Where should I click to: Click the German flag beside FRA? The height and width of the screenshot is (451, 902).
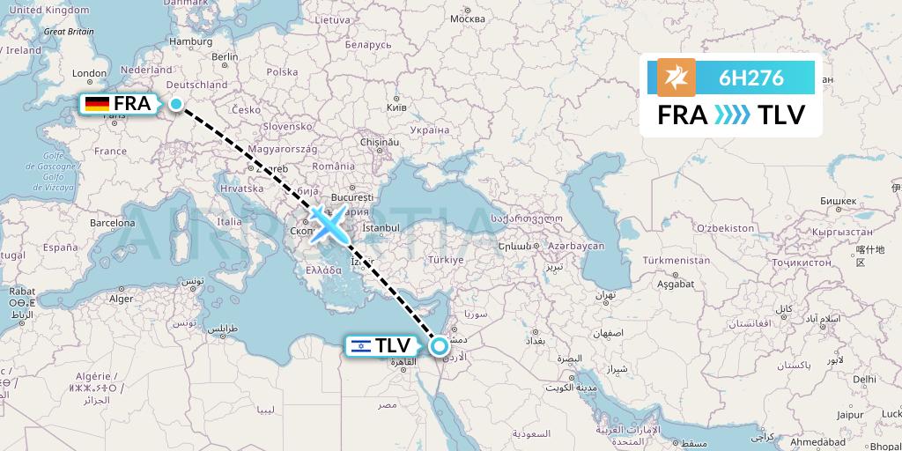[97, 104]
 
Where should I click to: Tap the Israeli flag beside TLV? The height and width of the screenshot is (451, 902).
[360, 346]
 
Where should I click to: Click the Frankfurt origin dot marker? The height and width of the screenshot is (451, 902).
[176, 104]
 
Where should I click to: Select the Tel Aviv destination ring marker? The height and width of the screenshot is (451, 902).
[439, 346]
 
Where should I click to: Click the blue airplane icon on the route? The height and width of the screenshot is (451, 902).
[327, 225]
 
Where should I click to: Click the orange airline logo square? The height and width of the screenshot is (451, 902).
[676, 78]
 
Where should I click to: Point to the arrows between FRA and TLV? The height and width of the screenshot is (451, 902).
[732, 115]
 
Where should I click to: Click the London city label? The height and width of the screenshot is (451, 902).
[89, 74]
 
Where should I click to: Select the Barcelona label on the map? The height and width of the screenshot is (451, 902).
[112, 223]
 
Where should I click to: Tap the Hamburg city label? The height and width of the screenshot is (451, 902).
[192, 41]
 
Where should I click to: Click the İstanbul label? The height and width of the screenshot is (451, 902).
[381, 227]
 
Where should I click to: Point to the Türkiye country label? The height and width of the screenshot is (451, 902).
[446, 260]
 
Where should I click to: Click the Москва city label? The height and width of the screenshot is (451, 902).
[467, 18]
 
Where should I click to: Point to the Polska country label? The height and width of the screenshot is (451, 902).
[282, 72]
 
